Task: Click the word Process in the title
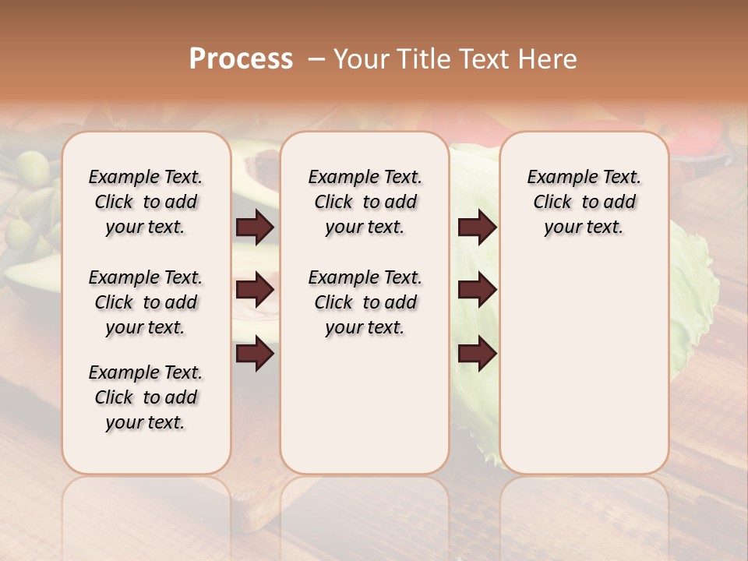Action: (x=241, y=59)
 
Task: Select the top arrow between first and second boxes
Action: (x=255, y=227)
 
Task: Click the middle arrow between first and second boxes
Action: (x=255, y=290)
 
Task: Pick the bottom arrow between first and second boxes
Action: (x=255, y=354)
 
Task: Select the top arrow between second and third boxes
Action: (x=477, y=227)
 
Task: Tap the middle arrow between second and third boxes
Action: (x=477, y=290)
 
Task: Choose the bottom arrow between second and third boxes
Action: (x=477, y=354)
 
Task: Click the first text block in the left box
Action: (x=146, y=202)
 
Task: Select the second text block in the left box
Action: (x=146, y=302)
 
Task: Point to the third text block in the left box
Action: (x=146, y=397)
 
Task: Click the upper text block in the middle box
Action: (x=365, y=202)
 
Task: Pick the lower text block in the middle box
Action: (x=365, y=302)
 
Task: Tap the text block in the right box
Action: (x=584, y=202)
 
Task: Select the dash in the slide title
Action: (x=317, y=59)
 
